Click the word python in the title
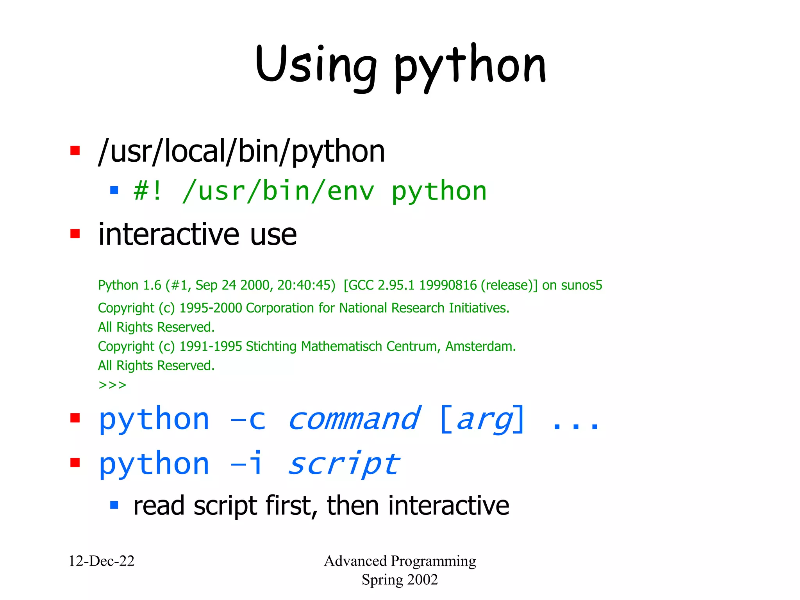pos(470,66)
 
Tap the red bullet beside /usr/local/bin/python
pos(75,150)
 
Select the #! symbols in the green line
pos(147,191)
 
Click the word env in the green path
pos(350,191)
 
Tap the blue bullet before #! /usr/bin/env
pos(114,190)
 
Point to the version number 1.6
pos(152,285)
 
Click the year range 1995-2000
pos(211,308)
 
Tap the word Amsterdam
pos(480,346)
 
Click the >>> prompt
pos(112,385)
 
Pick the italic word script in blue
pos(344,464)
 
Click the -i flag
pos(246,463)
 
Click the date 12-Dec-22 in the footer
pos(102,561)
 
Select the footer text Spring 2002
pos(400,580)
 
